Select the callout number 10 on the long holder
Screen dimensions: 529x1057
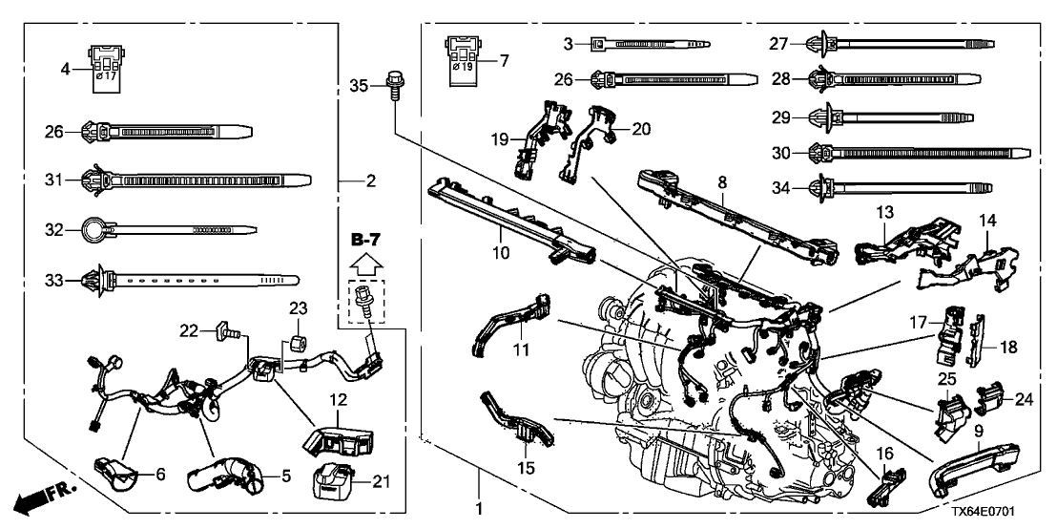(500, 227)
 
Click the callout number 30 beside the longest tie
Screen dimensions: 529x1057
(781, 152)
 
